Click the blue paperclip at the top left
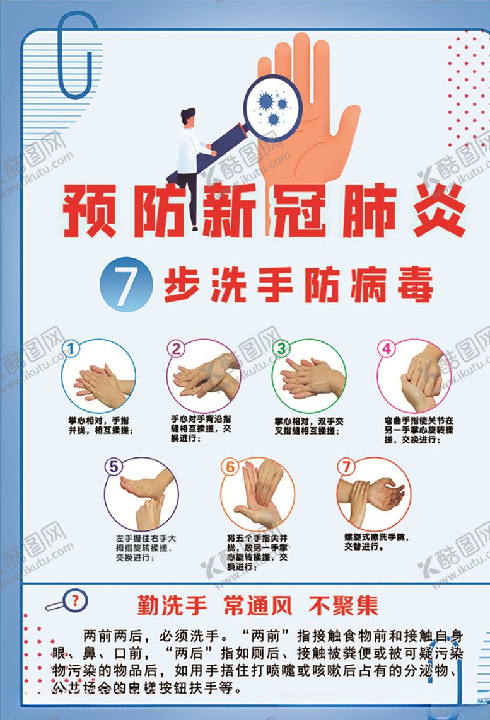79,57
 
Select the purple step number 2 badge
177,348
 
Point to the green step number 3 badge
282,348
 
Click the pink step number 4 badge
387,348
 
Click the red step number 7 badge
346,467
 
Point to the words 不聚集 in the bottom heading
344,605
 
